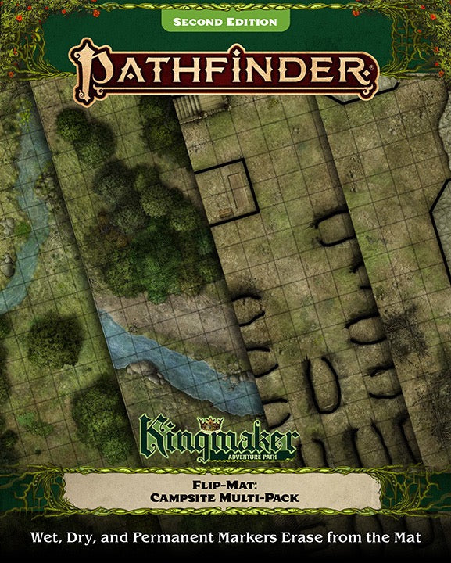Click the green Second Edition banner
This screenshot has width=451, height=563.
[x=224, y=22]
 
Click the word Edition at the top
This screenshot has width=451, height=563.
[x=252, y=22]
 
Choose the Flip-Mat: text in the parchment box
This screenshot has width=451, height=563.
[x=225, y=483]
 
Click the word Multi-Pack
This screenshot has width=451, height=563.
[x=257, y=497]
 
